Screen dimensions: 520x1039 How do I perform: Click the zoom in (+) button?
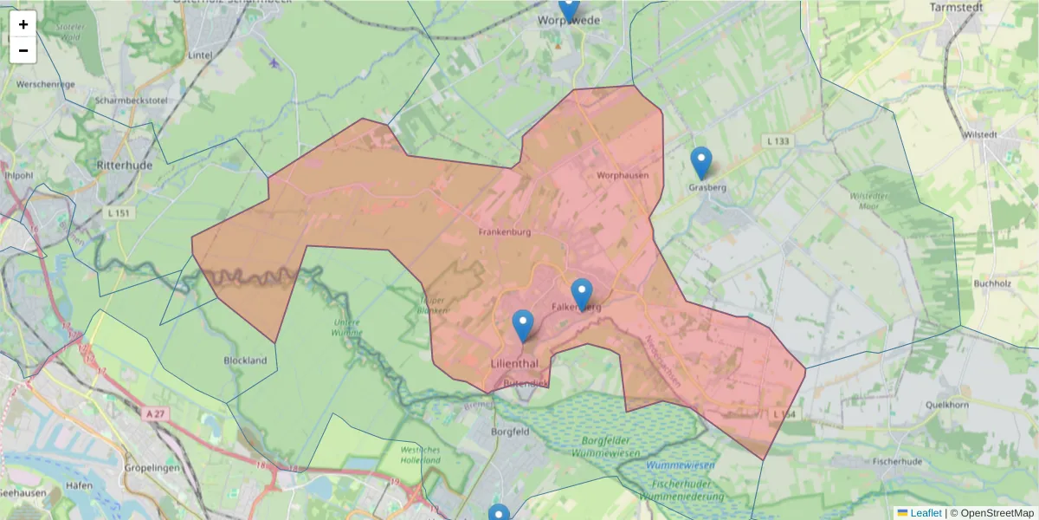pos(23,24)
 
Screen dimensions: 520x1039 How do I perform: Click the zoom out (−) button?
pos(23,50)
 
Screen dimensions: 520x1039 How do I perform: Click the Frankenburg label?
pos(504,232)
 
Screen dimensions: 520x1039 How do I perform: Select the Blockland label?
pos(245,361)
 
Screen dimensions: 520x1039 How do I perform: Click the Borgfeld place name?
pos(510,431)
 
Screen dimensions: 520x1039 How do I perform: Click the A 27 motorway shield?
pos(156,414)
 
